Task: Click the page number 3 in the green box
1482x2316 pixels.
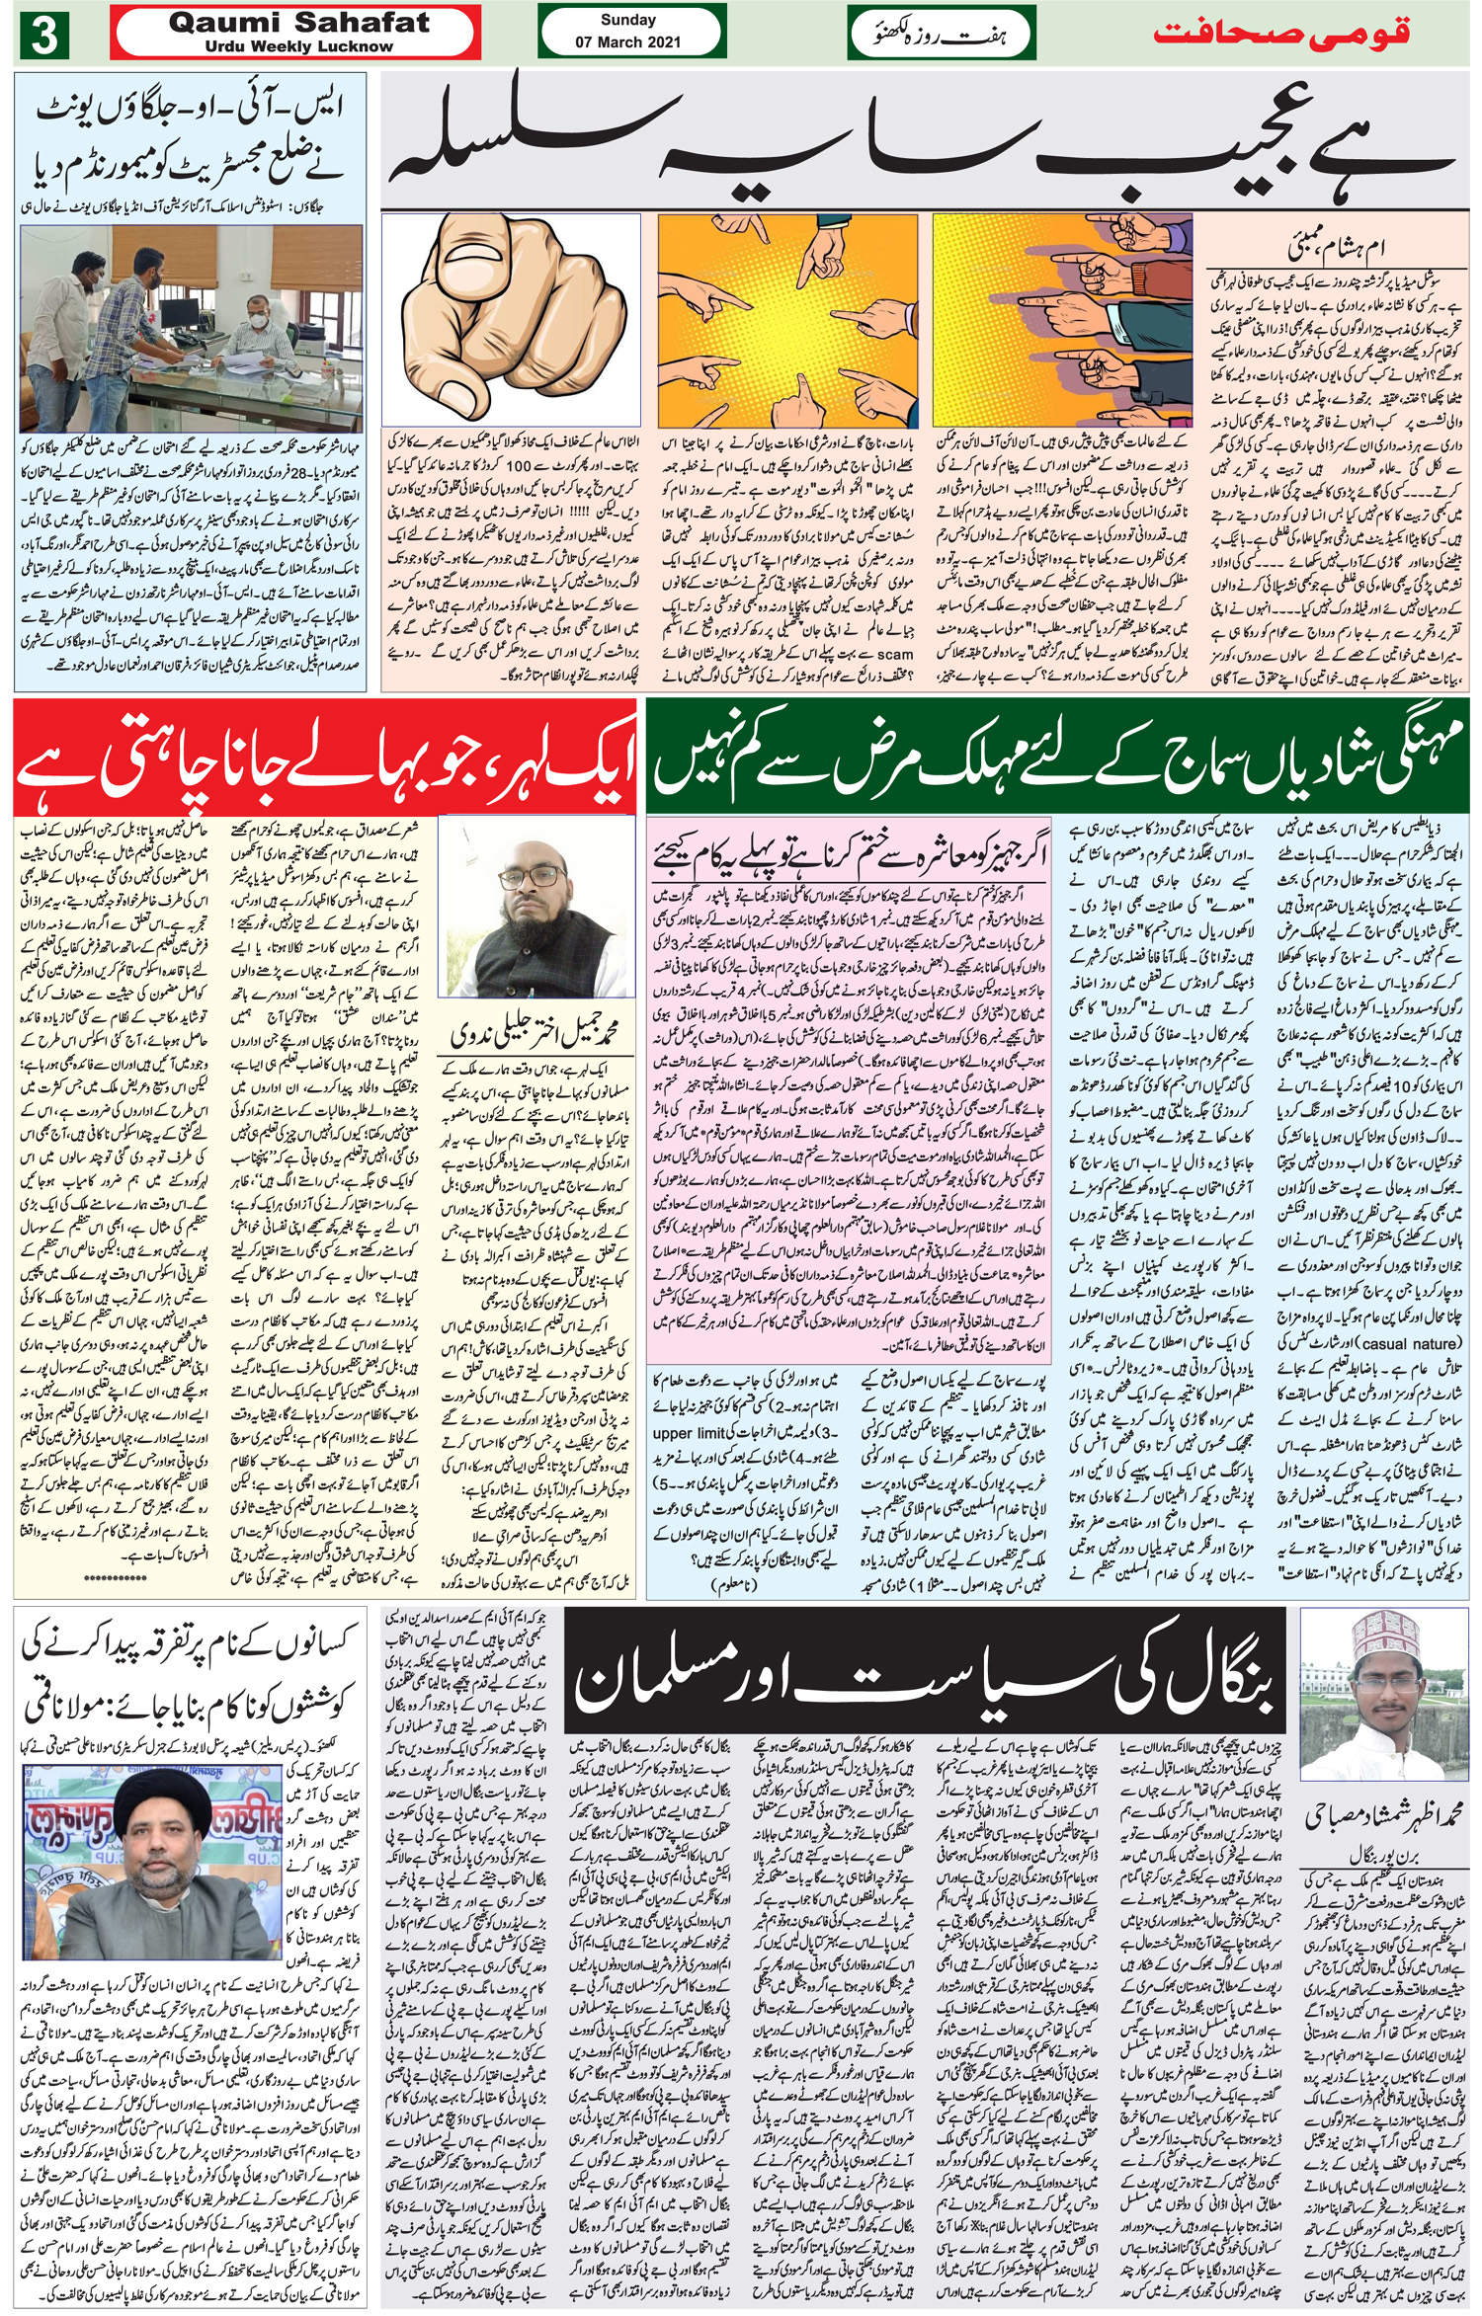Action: [x=43, y=36]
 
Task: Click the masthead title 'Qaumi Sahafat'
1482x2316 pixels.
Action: [x=298, y=23]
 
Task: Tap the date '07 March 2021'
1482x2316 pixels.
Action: [x=627, y=42]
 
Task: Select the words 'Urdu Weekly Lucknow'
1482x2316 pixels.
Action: [x=298, y=46]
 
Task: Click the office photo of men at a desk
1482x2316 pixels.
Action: [x=191, y=330]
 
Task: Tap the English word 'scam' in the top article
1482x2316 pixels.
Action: [x=894, y=654]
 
